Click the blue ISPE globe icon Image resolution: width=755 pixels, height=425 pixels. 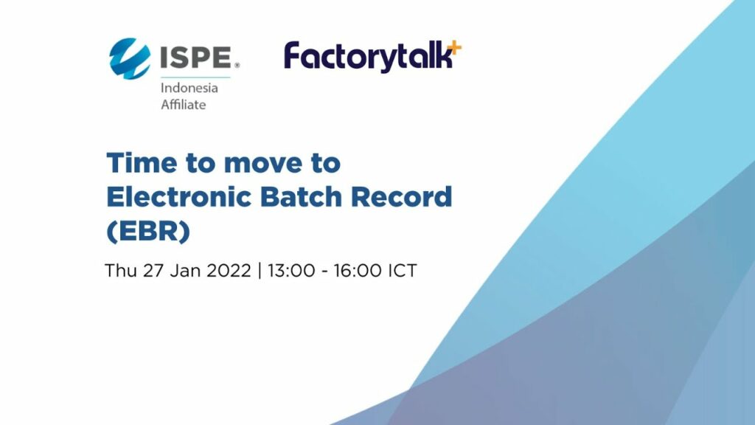(129, 58)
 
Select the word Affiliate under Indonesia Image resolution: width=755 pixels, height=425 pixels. (184, 105)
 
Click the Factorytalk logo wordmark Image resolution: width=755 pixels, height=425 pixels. (367, 58)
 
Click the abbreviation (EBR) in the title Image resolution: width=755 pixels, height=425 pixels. (148, 232)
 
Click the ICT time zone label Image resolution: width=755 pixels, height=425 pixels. (403, 270)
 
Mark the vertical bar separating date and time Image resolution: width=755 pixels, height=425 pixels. (260, 270)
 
